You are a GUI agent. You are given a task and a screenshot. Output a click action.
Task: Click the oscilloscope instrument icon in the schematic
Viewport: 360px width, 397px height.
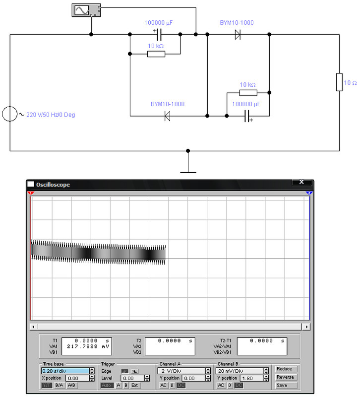86,10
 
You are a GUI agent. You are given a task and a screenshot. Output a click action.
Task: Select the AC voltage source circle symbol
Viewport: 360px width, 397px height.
10,114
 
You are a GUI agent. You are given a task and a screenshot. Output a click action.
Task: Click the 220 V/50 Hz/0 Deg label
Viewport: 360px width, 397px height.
51,115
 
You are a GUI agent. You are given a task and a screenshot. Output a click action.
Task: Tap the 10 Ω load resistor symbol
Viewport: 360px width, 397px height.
339,82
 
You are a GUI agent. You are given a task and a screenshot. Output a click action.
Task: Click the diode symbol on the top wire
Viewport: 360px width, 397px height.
238,34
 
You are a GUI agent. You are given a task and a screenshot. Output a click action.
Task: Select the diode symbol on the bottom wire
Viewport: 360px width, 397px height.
167,116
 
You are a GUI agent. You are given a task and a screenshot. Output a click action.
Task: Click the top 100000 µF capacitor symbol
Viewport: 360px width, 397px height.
159,34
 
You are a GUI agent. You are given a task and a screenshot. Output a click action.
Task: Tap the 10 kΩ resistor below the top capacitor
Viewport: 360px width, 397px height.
156,54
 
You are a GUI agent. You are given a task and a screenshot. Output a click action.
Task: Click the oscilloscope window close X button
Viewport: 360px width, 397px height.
301,182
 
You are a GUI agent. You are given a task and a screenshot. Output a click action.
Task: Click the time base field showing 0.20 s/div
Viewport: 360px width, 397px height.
65,371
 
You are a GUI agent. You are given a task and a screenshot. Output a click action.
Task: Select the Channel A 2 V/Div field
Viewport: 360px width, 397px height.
181,371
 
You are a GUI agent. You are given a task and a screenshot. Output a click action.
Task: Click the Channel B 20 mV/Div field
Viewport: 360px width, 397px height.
240,371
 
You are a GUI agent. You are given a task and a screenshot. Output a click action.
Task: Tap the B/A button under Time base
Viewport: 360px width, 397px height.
59,386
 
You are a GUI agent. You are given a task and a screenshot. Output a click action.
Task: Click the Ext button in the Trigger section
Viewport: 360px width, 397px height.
134,386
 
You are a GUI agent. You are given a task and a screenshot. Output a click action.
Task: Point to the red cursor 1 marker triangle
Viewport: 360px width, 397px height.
31,194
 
